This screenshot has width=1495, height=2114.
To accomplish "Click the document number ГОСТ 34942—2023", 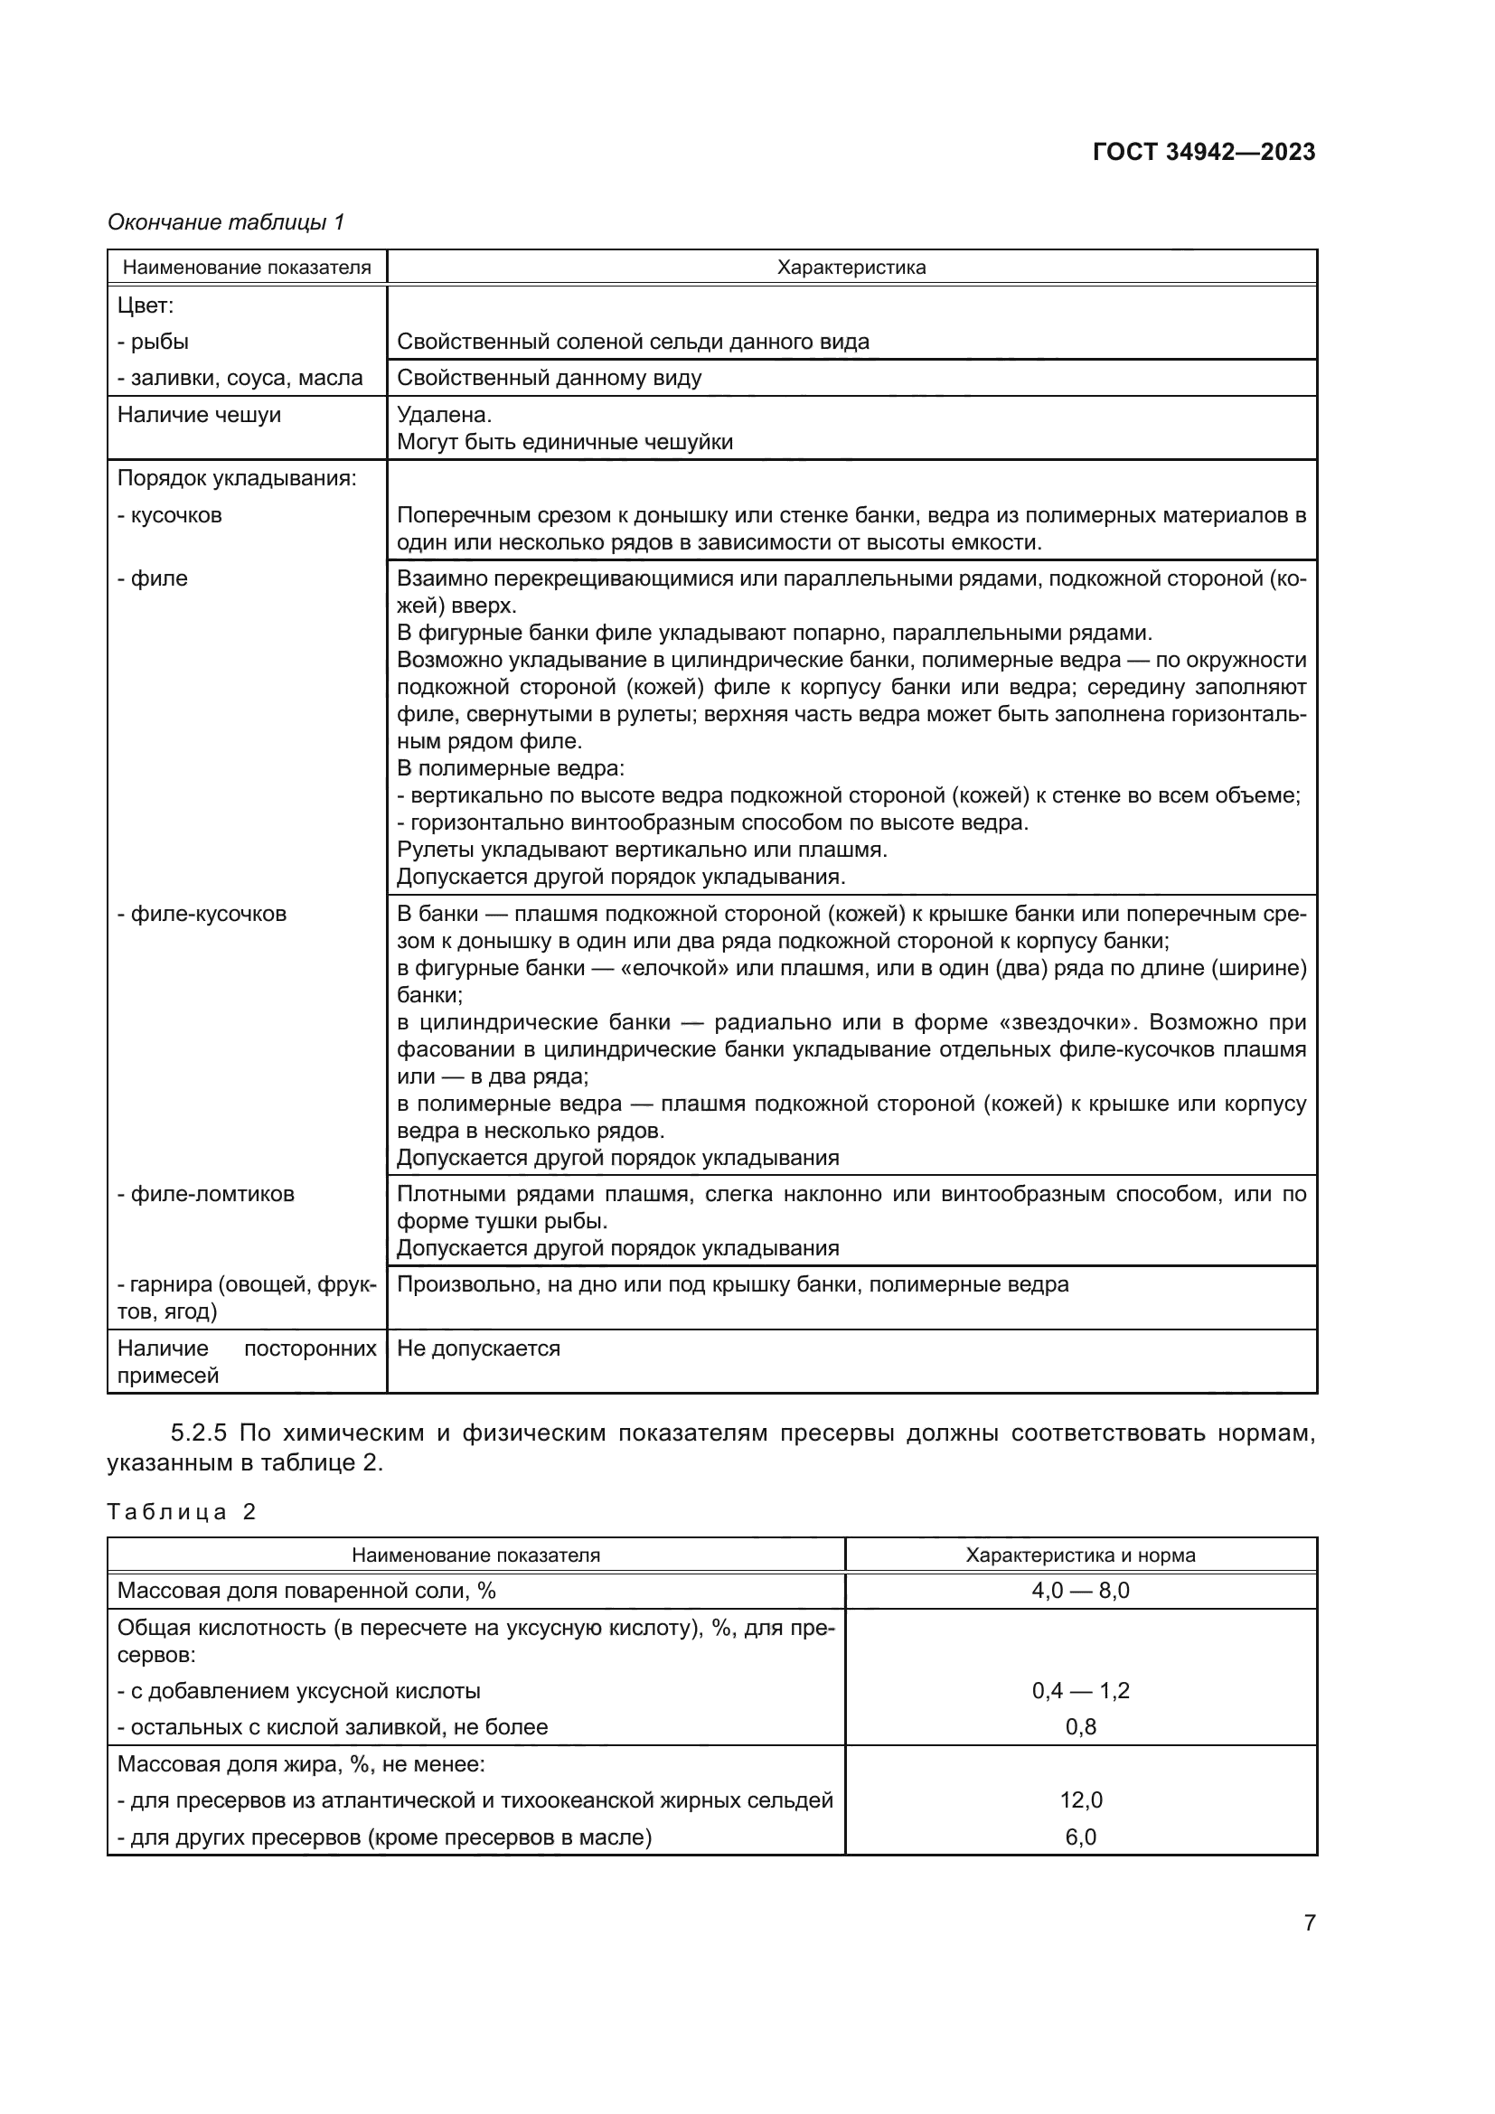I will pos(1203,152).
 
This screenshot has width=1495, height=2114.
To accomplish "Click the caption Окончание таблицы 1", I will pos(226,222).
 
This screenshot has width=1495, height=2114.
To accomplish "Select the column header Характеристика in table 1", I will pos(851,268).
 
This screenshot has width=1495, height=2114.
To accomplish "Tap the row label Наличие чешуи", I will pos(199,414).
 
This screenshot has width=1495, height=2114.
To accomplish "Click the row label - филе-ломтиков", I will pos(205,1194).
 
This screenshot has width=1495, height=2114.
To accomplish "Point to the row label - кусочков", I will pos(169,514).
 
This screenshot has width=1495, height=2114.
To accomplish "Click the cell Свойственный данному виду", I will pos(549,378).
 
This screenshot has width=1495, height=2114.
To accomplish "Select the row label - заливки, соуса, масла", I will pos(240,378).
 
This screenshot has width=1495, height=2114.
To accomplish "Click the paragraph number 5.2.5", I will pos(201,1433).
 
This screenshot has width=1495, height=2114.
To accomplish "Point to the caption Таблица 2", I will pos(182,1512).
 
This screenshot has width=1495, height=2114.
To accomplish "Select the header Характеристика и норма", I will pos(1080,1555).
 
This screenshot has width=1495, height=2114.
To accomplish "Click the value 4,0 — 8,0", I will pos(1080,1590).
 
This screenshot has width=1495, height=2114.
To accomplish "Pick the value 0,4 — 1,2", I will pos(1080,1690).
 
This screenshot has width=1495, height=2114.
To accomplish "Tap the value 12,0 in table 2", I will pos(1080,1800).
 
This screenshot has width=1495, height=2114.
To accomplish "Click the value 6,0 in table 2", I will pos(1080,1837).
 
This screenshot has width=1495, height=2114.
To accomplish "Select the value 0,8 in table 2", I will pos(1080,1726).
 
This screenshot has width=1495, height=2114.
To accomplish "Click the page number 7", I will pos(1309,1922).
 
